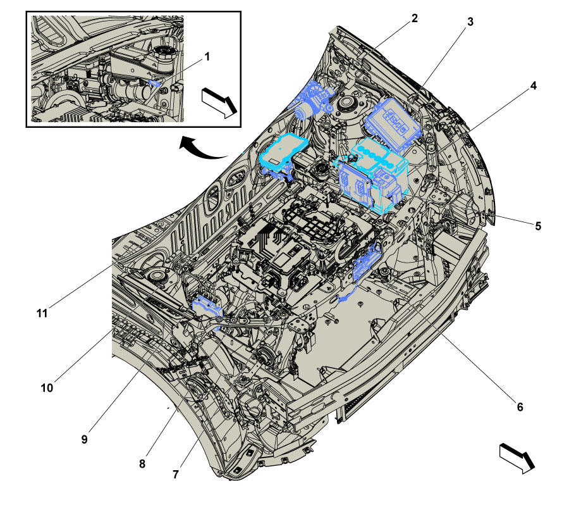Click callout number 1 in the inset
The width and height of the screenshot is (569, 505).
(x=207, y=57)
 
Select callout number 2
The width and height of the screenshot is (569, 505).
(x=414, y=18)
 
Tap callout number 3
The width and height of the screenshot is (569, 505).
(x=470, y=22)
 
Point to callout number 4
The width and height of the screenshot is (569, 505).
(x=533, y=85)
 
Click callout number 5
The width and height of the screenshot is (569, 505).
(x=538, y=226)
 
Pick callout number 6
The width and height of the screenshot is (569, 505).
(x=520, y=407)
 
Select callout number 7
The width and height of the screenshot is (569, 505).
(x=176, y=474)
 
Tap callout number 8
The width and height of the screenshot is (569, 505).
(x=142, y=464)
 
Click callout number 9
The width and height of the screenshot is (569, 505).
(x=84, y=439)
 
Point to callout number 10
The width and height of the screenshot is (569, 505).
(x=47, y=388)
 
